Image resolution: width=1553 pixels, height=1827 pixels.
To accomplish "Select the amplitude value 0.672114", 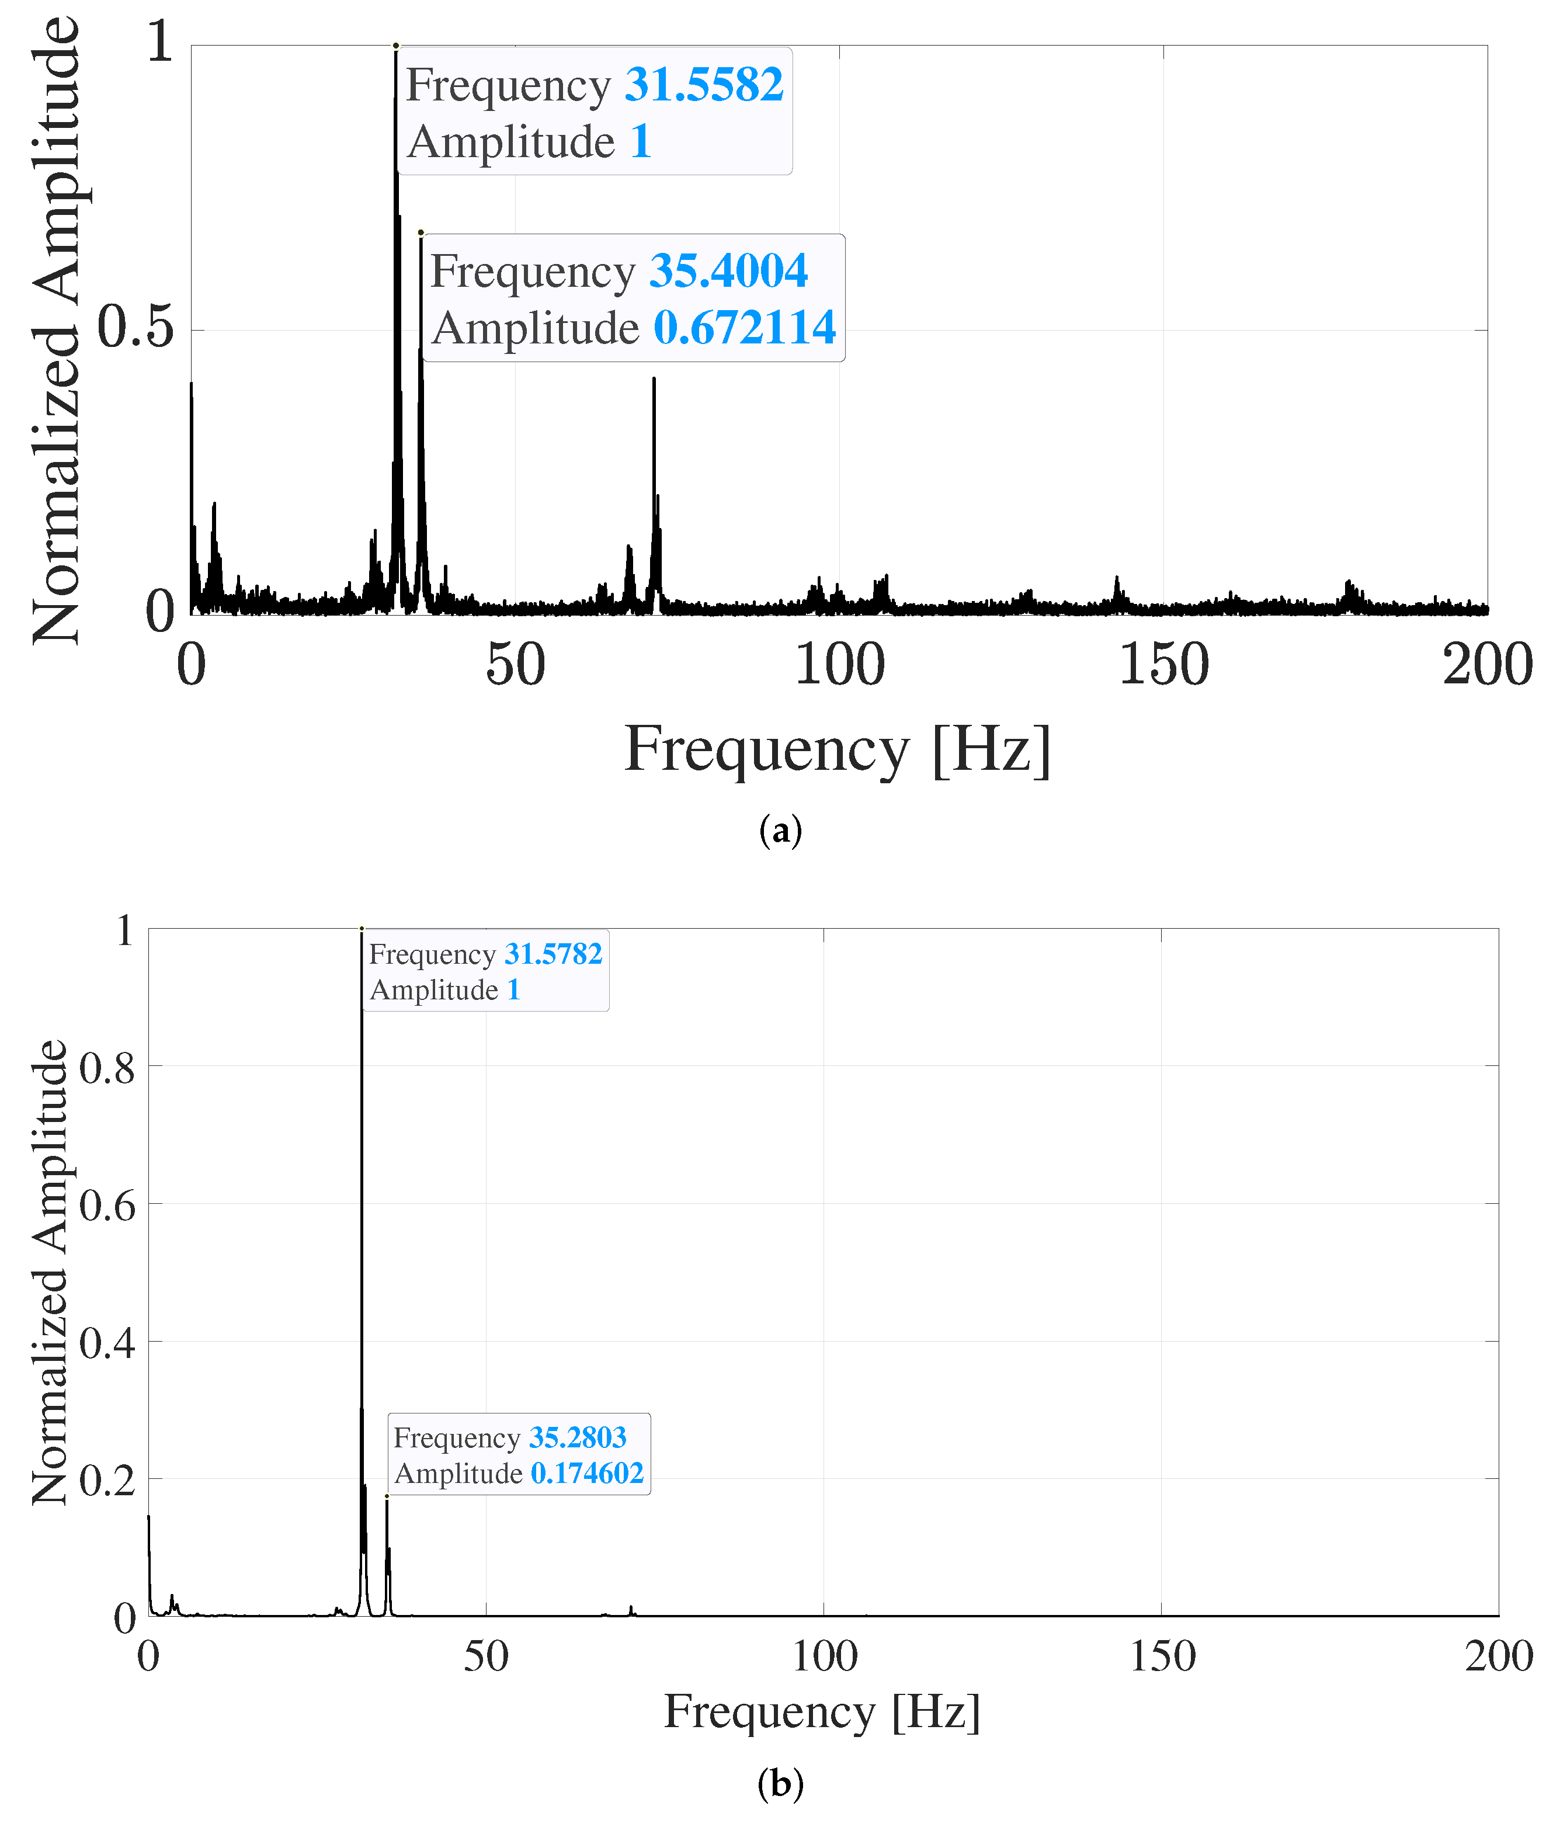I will [744, 328].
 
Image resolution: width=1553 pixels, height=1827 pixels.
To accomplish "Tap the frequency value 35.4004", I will [728, 271].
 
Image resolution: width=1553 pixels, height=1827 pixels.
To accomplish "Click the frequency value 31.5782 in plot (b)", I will [553, 954].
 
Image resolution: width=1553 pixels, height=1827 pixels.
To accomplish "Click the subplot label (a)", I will [780, 831].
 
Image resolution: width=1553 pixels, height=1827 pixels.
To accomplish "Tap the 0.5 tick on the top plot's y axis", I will [136, 328].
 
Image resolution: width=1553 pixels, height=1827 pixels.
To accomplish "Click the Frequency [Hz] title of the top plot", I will [838, 750].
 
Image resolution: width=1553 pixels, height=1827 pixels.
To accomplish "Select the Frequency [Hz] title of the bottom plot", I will [821, 1714].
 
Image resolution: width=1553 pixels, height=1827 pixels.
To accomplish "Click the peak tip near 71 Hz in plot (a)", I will [654, 378].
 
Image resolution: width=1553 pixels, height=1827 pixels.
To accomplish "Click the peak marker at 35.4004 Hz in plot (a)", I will [421, 232].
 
